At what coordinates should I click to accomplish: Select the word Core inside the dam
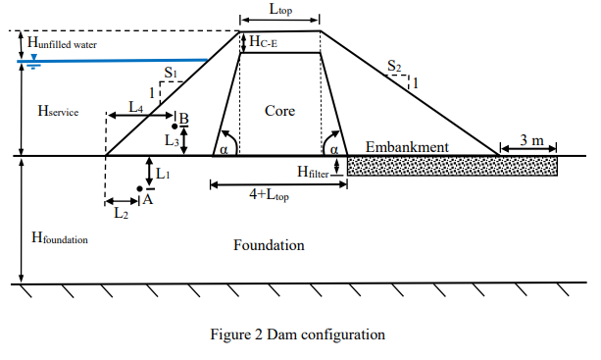coord(279,111)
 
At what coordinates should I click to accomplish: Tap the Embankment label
coord(407,147)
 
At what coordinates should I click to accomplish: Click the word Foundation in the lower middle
coord(269,244)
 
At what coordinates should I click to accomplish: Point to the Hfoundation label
coord(61,238)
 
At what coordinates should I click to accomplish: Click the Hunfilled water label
coord(63,45)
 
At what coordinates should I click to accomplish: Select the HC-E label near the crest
coord(265,41)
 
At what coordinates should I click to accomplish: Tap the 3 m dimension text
coord(532,140)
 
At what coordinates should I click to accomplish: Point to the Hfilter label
coord(316,171)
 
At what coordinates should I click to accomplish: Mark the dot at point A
coord(139,189)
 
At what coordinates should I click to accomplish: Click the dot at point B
coord(173,127)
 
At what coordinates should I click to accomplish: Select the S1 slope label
coord(171,72)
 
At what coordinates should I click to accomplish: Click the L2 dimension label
coord(121,211)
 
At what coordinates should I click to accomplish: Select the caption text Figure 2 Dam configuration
coord(298,334)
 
